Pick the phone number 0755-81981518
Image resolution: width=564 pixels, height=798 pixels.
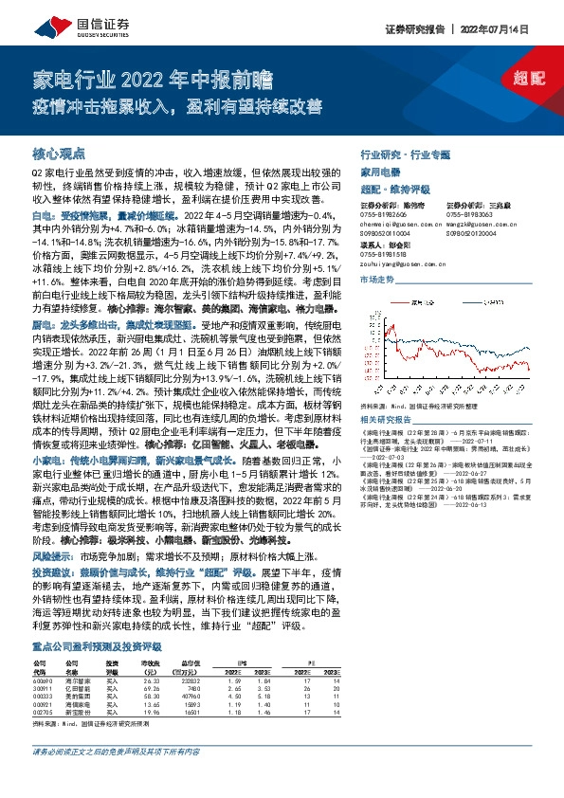[385, 254]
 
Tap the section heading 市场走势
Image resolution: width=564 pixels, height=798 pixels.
[376, 281]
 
